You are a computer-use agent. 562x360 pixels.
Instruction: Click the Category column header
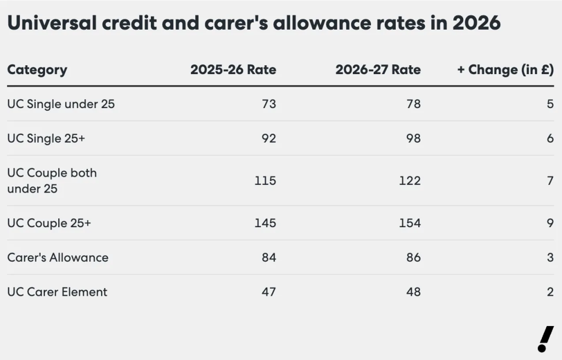coord(37,70)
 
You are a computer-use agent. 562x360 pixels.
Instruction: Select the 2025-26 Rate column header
coord(233,70)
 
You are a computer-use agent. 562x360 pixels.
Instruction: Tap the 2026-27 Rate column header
coord(378,70)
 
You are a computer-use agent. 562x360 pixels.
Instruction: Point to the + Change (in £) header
coord(505,70)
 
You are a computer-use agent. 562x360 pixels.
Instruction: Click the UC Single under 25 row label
coord(61,104)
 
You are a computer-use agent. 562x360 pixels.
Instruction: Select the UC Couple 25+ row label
coord(49,223)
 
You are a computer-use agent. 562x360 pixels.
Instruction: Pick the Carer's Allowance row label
coord(58,257)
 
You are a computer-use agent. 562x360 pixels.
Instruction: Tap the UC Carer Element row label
coord(57,292)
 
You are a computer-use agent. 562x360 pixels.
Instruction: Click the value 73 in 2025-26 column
coord(268,104)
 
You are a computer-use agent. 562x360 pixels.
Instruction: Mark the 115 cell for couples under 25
coord(265,181)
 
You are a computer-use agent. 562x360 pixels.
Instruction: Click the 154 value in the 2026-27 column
coord(410,223)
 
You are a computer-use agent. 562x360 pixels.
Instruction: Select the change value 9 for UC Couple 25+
coord(550,223)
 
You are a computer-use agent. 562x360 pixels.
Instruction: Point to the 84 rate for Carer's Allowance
coord(268,257)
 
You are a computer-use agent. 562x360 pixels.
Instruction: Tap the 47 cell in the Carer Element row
coord(268,292)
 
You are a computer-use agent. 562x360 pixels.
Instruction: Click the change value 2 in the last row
coord(550,292)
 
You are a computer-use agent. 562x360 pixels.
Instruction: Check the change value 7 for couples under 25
coord(550,181)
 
